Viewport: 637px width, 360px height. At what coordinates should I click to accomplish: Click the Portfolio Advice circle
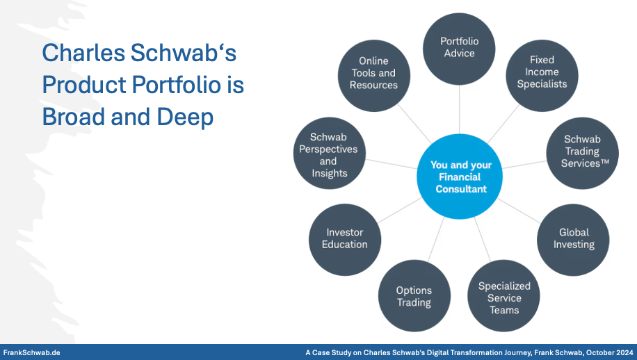pyautogui.click(x=459, y=49)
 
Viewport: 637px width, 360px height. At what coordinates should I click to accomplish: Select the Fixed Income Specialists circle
pyautogui.click(x=542, y=76)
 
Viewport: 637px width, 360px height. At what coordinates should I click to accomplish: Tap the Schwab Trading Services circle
pyautogui.click(x=583, y=153)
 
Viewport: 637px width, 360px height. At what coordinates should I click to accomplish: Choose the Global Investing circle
pyautogui.click(x=573, y=240)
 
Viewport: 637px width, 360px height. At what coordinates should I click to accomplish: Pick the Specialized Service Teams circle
pyautogui.click(x=503, y=296)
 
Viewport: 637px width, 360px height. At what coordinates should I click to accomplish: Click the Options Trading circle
pyautogui.click(x=414, y=296)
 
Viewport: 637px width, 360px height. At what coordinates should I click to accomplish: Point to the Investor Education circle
pyautogui.click(x=345, y=240)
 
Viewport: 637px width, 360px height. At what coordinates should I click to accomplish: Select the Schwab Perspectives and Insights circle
pyautogui.click(x=330, y=153)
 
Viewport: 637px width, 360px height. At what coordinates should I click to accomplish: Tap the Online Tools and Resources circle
pyautogui.click(x=374, y=76)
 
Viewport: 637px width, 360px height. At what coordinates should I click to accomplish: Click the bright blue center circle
pyautogui.click(x=460, y=177)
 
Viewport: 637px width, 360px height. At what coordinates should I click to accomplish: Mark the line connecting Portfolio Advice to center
pyautogui.click(x=460, y=110)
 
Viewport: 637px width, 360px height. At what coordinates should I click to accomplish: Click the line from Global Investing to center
pyautogui.click(x=519, y=211)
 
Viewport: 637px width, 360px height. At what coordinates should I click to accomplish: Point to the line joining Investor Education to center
pyautogui.click(x=399, y=211)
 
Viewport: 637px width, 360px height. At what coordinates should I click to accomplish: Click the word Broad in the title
pyautogui.click(x=74, y=117)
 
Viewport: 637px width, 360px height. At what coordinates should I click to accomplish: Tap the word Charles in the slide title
pyautogui.click(x=83, y=53)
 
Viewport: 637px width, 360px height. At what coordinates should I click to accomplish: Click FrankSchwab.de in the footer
pyautogui.click(x=32, y=352)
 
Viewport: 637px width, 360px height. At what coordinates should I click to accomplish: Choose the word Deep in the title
pyautogui.click(x=185, y=117)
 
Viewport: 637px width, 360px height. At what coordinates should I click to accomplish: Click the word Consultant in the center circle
pyautogui.click(x=461, y=189)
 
